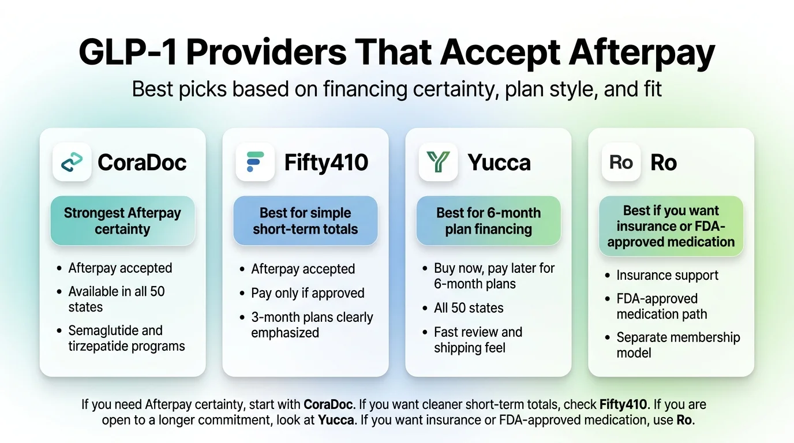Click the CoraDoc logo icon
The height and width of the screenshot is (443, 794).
72,162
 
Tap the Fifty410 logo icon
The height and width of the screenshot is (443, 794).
255,162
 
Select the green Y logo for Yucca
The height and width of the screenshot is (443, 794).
438,162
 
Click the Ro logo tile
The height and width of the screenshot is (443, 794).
621,162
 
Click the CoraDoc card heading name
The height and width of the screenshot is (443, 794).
142,162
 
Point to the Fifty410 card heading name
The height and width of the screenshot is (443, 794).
326,162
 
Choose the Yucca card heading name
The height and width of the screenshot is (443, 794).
499,162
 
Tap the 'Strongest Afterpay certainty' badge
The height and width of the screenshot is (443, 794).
123,221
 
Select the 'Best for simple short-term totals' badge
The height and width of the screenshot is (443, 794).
305,221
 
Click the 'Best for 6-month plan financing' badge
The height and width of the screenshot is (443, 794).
488,221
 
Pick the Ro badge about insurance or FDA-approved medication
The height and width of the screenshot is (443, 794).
671,226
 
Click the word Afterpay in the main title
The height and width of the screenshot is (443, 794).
642,52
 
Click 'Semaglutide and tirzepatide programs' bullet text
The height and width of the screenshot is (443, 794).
126,338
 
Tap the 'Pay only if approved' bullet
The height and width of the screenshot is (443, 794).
308,293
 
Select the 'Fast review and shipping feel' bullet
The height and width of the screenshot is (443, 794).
478,340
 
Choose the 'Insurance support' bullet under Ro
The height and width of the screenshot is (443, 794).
668,275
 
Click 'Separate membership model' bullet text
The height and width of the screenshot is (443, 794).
678,345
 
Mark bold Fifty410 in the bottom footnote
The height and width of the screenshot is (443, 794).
623,404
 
